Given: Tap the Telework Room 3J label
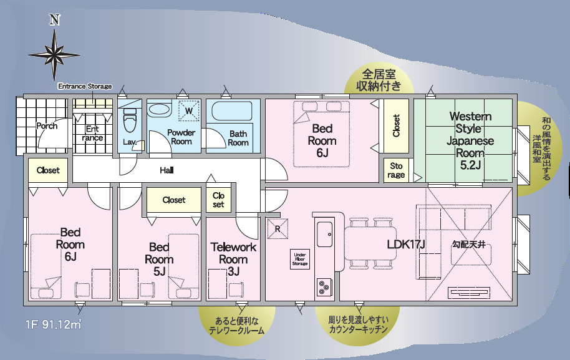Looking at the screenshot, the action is pos(233,260).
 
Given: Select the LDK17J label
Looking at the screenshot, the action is pos(406,244).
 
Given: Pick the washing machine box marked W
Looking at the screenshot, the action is pos(189,110).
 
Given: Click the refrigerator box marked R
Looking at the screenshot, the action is pos(278,229).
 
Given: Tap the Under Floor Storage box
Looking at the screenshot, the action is pos(300,259).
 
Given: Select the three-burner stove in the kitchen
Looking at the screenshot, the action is pos(324,287).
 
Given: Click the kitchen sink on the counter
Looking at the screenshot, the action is pos(325,234).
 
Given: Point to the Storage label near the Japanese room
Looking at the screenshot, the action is pos(396,170).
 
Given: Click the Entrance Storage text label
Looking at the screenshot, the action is pos(85,86).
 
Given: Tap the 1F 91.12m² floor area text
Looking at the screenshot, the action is pos(53,324).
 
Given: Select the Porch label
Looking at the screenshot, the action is pos(47,126).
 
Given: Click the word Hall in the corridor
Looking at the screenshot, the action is pos(167,170).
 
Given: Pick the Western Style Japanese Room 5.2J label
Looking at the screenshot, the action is pos(470,141).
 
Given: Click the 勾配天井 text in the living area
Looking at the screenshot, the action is pos(468,244).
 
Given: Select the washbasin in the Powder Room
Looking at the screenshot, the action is pos(160,109).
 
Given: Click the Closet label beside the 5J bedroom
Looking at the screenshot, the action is pos(174,200).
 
